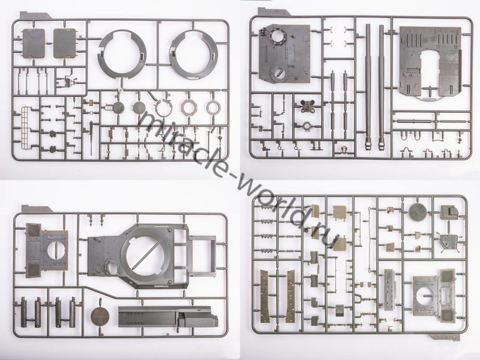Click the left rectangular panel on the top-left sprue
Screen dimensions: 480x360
[34, 43]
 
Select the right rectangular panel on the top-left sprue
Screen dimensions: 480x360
[65, 43]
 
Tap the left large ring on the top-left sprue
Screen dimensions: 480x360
[122, 54]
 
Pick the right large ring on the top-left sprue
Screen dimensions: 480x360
[193, 55]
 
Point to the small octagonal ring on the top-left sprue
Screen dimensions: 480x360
[188, 107]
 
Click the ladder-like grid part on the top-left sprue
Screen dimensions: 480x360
[28, 127]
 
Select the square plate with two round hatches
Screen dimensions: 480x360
[284, 53]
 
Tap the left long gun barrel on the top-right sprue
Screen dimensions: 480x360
[368, 86]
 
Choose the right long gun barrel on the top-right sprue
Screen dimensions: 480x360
[382, 86]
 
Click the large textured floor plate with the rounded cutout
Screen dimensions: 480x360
[430, 63]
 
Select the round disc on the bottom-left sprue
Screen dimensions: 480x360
[100, 316]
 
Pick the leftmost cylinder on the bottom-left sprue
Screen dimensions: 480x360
[23, 312]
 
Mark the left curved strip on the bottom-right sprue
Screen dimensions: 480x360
[265, 296]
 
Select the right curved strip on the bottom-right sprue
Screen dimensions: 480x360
[290, 296]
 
